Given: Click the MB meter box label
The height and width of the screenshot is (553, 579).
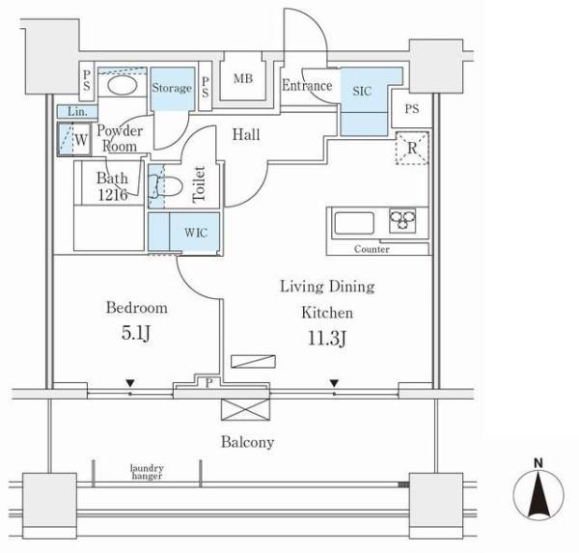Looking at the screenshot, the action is [243, 78].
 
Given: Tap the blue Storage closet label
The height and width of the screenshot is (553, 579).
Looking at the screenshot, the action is [172, 88].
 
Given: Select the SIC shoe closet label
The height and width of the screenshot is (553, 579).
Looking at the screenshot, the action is [362, 91].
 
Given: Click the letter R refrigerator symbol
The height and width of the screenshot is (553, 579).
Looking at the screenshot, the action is [412, 148].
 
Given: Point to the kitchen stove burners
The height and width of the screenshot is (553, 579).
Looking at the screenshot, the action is [402, 221].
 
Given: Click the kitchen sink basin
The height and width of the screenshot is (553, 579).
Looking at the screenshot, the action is [354, 223].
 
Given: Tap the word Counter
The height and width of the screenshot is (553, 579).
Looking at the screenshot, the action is [372, 249].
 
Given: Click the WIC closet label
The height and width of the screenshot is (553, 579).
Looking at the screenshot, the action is [196, 233].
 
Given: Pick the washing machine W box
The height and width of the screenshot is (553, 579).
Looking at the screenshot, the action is [74, 139].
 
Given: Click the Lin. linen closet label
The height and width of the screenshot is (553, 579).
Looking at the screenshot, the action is [77, 111].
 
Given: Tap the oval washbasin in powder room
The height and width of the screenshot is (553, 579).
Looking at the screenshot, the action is [123, 85].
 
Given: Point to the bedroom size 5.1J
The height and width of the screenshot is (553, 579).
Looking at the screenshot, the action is [136, 334].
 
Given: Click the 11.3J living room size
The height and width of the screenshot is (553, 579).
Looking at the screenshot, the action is [327, 339].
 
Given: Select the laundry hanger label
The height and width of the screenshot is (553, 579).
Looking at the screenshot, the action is [147, 472].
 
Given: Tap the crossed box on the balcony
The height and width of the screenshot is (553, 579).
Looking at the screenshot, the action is [245, 409].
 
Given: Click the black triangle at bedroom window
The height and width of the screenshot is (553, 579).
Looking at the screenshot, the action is [130, 383].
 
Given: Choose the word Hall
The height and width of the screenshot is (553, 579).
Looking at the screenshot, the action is [246, 134].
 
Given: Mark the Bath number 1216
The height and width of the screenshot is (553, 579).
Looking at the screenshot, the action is [113, 195].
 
